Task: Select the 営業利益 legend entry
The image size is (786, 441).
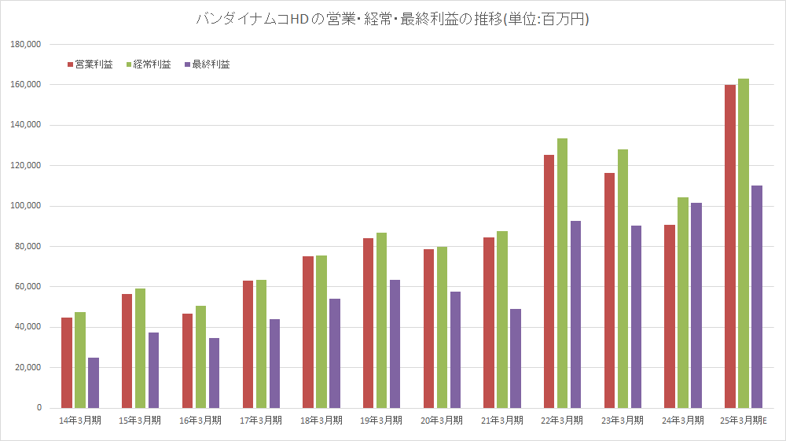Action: pos(90,64)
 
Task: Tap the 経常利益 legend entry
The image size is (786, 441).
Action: pos(148,64)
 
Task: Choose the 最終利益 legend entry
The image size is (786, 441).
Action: pos(206,64)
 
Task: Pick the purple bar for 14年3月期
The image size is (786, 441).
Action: pos(94,383)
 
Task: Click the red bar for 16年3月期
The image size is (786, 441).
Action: pos(187,361)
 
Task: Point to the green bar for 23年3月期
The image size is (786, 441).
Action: pos(623,278)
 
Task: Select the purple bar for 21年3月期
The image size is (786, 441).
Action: pos(516,358)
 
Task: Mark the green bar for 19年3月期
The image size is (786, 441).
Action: pos(381,320)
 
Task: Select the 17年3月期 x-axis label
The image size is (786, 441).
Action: pos(261,421)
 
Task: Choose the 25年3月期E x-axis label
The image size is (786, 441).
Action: pos(743,421)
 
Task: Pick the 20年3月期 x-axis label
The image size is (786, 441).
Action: pos(442,421)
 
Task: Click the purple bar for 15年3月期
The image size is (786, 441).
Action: pos(153,370)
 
